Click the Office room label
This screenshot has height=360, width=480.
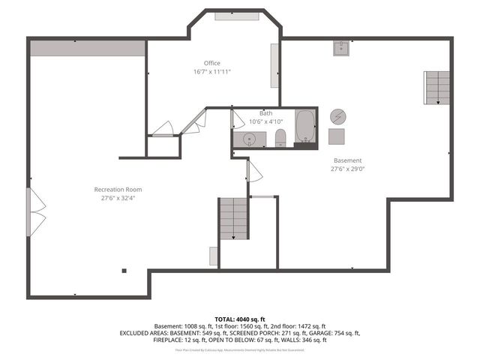211,63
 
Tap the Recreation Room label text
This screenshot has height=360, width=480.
118,189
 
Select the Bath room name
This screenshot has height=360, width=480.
265,113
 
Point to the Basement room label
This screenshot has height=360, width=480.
347,160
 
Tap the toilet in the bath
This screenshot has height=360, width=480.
280,137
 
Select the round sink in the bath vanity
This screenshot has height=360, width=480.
249,139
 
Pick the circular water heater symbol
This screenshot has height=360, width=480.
338,116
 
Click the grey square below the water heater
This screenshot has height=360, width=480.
338,137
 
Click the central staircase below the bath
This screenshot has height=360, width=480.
233,218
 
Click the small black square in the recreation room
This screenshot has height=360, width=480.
124,271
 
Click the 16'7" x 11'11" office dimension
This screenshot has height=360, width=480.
211,72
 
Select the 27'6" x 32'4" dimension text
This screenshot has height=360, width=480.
118,199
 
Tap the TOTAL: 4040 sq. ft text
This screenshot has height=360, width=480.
239,318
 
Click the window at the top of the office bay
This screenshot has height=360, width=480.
235,16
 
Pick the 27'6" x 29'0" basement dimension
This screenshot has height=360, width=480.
347,169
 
